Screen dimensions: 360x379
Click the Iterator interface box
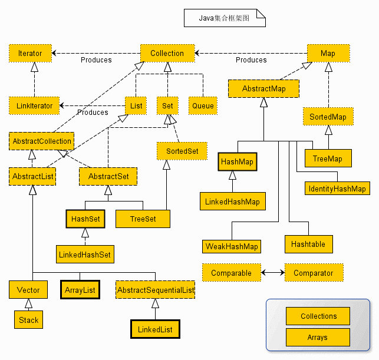click(30, 53)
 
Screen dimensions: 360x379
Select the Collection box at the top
click(167, 53)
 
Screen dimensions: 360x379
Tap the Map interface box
click(328, 53)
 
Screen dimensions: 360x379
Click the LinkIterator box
click(34, 105)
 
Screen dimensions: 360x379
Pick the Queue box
click(203, 105)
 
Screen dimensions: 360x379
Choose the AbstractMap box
click(263, 88)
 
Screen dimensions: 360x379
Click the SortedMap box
click(328, 117)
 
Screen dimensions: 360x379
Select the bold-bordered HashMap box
click(238, 161)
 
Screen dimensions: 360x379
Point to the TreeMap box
click(328, 158)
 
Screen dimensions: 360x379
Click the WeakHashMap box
click(232, 246)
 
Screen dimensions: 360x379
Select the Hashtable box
click(308, 243)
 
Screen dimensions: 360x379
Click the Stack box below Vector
click(28, 320)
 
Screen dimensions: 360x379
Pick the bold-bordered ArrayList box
click(80, 290)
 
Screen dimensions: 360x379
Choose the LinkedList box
click(154, 329)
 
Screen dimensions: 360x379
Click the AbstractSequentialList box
click(156, 290)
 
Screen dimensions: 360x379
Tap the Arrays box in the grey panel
click(317, 338)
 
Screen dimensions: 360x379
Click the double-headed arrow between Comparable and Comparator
click(272, 273)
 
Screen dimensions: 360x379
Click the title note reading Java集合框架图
click(225, 18)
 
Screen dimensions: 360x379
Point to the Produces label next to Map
click(251, 60)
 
